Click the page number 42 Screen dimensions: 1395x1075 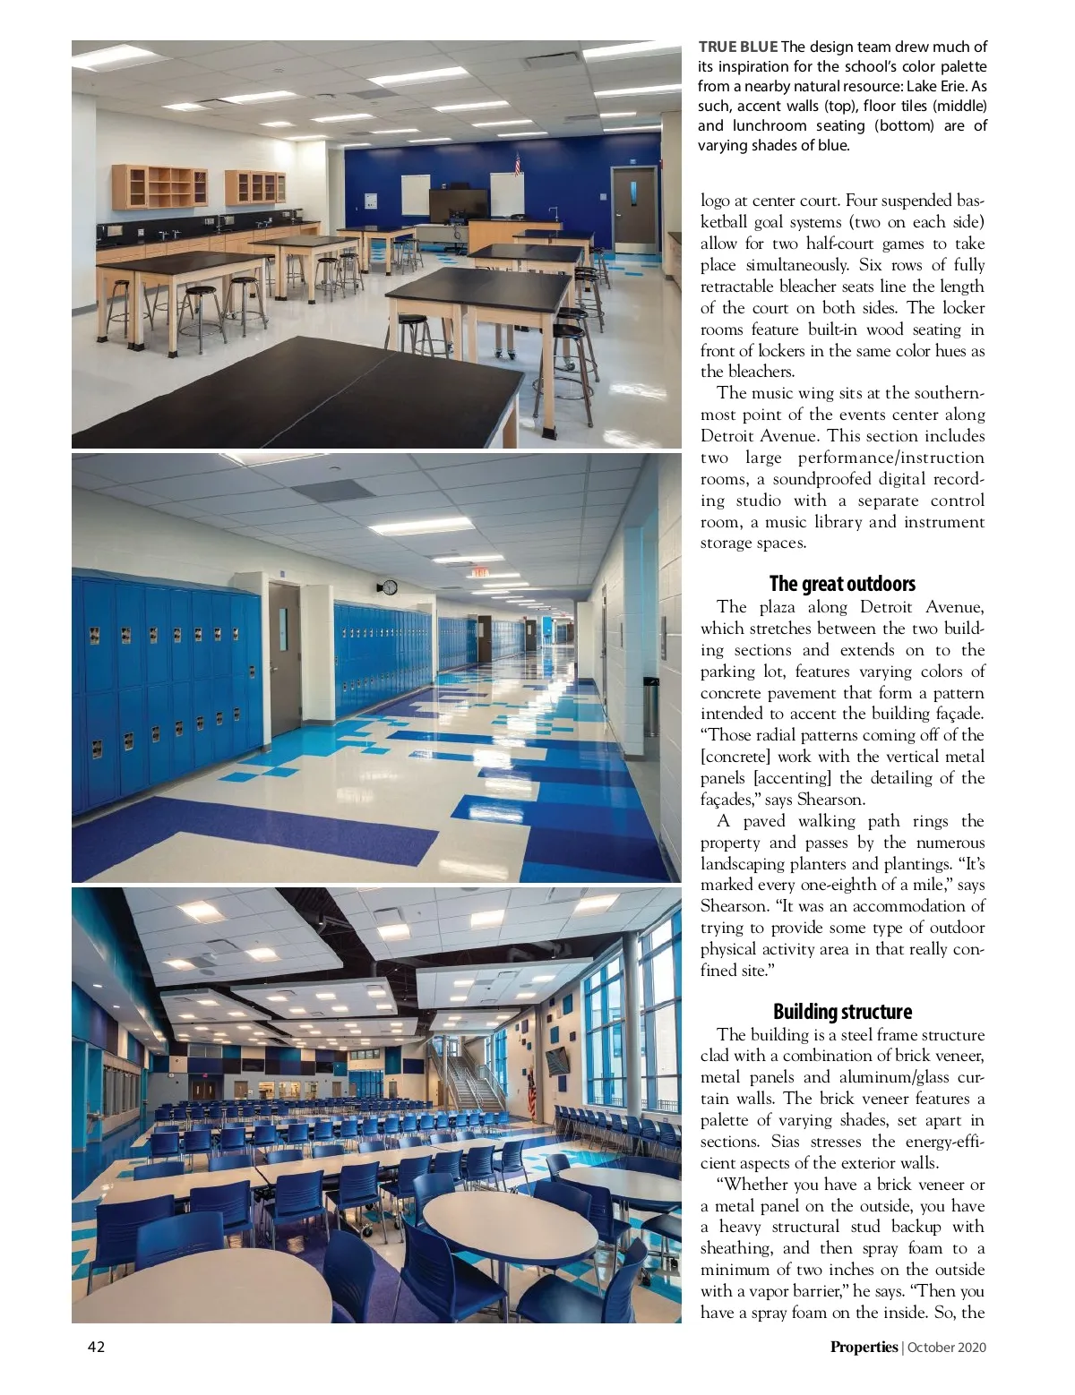96,1347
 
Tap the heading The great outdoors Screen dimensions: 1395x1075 842,584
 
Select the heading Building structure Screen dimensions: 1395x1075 842,1012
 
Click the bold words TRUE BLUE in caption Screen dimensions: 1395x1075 737,47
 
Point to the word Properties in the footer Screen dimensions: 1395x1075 863,1347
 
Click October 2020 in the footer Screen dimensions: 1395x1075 947,1347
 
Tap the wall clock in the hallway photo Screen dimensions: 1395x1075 389,587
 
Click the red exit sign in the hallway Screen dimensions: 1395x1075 480,572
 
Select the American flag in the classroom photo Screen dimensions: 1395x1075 518,163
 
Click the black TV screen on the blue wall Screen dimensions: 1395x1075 458,205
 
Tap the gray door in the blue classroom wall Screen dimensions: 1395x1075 634,208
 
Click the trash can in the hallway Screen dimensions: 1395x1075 651,706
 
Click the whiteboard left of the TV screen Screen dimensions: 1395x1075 415,195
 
